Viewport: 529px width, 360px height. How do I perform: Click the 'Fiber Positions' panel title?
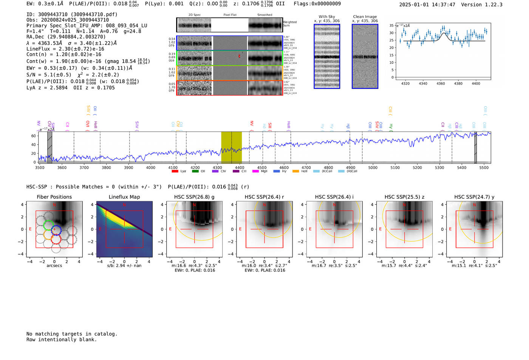pos(54,197)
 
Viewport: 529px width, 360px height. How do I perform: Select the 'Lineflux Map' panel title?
pos(124,197)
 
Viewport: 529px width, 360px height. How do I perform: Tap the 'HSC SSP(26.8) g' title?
pos(194,197)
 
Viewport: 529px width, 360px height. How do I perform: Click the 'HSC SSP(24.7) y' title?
pos(474,197)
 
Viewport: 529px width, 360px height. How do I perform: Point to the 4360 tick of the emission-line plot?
pos(441,83)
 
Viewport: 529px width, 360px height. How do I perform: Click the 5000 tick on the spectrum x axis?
pos(373,168)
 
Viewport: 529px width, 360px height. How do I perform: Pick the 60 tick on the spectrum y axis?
pos(34,136)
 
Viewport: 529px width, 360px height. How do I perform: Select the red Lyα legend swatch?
pos(175,172)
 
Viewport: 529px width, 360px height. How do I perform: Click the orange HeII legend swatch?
pos(295,172)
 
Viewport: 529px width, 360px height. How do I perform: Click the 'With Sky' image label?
pos(326,17)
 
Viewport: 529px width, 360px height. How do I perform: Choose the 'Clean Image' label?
pos(365,17)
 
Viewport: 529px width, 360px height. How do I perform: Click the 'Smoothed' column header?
pos(264,15)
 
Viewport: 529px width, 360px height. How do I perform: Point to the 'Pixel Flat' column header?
pos(230,15)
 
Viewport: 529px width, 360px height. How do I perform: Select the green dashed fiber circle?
pos(48,226)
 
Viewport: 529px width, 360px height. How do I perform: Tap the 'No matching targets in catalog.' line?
pos(72,334)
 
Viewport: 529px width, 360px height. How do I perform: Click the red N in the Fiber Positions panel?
pos(54,205)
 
